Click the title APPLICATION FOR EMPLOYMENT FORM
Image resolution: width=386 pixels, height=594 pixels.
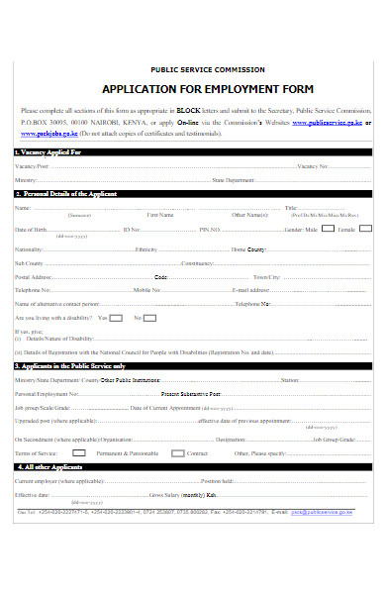coord(192,88)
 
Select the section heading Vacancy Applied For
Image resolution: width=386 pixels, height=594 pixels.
coord(49,152)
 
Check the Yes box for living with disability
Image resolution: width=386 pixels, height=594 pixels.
coord(116,318)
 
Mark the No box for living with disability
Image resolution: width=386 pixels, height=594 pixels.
coord(163,318)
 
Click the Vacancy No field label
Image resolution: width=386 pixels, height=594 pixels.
coord(316,165)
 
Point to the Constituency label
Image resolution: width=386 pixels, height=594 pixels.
coord(197,263)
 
